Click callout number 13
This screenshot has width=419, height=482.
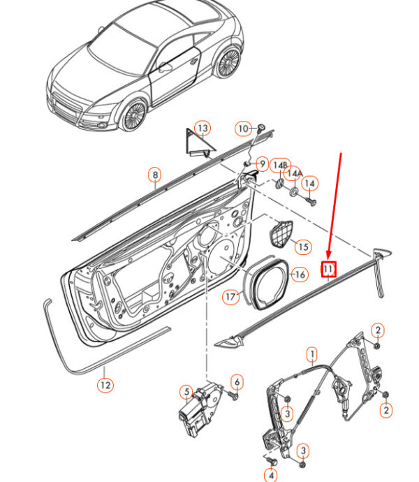[202, 129]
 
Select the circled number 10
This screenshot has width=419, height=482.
[242, 129]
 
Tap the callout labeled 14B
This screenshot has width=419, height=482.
[279, 164]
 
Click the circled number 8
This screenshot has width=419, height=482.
[154, 175]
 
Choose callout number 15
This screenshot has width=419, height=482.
[302, 247]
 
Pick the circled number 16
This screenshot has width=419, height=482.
[299, 275]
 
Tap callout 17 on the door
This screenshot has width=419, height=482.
[231, 297]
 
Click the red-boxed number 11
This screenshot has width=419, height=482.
[328, 268]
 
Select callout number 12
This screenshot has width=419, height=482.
[105, 384]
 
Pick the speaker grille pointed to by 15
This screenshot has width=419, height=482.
[281, 233]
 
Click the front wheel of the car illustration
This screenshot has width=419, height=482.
[133, 115]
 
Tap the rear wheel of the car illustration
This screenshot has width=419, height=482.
[228, 64]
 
